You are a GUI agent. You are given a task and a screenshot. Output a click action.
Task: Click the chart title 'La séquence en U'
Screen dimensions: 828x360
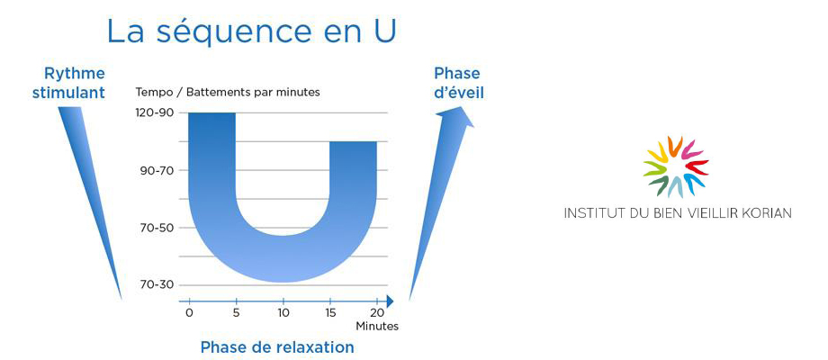251,31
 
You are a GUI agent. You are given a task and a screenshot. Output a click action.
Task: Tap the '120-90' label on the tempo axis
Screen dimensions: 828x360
157,113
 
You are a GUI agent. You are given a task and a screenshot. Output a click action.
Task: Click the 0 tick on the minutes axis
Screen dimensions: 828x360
189,312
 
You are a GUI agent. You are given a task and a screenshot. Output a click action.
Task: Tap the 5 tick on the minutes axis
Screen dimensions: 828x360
236,312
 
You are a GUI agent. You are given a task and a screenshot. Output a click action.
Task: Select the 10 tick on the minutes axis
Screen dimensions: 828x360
283,312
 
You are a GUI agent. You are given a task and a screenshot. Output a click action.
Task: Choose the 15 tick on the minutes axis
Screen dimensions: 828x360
330,312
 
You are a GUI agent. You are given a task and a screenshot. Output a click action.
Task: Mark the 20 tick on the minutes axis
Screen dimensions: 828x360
377,312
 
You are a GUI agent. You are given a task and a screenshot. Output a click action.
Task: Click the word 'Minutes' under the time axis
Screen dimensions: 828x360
377,326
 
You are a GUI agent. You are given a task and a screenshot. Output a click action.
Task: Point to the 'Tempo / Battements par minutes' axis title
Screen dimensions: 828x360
228,92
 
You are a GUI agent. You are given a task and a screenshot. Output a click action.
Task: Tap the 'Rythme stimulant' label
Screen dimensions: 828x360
68,83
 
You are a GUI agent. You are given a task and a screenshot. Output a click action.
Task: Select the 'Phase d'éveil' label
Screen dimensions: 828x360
458,83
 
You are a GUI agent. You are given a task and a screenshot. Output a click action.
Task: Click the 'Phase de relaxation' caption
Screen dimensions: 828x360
276,347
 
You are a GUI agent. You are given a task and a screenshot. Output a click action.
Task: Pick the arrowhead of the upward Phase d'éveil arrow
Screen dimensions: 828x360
457,117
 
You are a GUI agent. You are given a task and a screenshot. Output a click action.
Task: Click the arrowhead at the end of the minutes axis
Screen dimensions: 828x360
390,301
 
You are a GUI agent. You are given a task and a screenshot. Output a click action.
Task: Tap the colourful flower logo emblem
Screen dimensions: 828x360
675,166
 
